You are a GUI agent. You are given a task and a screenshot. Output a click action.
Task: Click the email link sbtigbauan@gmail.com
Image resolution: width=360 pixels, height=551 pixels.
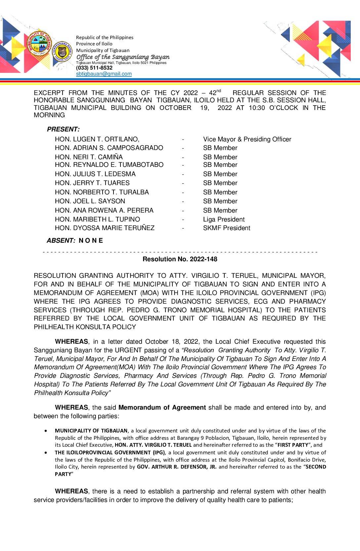104,74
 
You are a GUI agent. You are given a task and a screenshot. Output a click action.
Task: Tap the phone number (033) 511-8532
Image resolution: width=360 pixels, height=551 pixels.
94,68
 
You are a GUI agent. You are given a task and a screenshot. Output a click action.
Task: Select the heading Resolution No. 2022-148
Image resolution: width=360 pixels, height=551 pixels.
180,259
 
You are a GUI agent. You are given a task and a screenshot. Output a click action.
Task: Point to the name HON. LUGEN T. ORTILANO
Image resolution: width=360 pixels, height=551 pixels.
97,139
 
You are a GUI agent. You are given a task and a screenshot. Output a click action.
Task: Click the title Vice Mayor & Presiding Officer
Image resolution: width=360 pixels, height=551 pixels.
247,139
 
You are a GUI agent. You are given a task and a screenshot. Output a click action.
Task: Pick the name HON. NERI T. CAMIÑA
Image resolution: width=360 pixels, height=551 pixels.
89,157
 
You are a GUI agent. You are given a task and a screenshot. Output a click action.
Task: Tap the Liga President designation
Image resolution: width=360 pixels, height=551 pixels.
224,219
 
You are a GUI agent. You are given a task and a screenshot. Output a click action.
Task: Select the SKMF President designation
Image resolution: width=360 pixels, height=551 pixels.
226,228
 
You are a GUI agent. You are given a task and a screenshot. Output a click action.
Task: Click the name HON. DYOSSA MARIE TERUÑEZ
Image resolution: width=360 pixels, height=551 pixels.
105,228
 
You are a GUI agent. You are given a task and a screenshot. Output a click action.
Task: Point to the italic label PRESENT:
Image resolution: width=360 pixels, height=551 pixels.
63,129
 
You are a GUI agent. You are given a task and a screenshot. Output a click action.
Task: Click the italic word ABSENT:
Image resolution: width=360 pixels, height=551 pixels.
61,241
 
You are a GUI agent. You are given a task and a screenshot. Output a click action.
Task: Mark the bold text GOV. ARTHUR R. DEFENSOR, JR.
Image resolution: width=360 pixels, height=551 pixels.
177,467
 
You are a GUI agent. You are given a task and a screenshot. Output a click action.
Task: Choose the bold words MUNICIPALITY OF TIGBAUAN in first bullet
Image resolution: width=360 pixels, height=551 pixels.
91,431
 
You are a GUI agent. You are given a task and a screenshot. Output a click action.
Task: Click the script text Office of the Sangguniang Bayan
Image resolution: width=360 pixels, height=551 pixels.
123,57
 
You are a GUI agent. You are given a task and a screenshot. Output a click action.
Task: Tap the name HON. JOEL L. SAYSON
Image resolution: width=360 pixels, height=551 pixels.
90,201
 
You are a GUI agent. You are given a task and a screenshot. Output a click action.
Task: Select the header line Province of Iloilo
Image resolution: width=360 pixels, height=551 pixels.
94,44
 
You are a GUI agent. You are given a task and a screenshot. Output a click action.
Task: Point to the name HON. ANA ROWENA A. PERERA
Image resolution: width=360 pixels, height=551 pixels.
104,211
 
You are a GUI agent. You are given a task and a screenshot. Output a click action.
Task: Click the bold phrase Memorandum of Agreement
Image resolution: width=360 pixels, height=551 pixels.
162,408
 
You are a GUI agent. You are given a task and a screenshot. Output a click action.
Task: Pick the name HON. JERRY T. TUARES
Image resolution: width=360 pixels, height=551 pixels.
92,183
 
